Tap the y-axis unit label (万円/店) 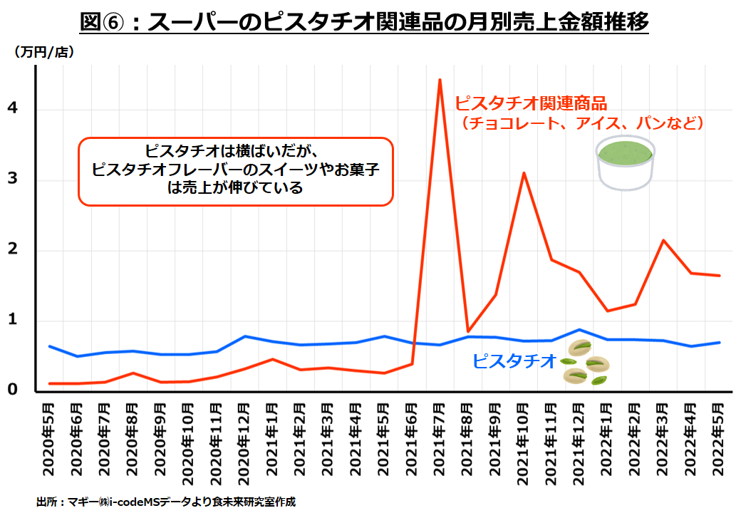(43, 52)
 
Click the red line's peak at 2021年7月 (440, 80)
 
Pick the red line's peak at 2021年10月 (524, 173)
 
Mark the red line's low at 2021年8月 (467, 331)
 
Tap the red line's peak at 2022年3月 (663, 240)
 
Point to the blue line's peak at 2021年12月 (579, 330)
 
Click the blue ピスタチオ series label (514, 361)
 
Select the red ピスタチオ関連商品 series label (531, 103)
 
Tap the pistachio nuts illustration (586, 362)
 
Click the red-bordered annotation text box (235, 172)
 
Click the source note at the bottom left (165, 502)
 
